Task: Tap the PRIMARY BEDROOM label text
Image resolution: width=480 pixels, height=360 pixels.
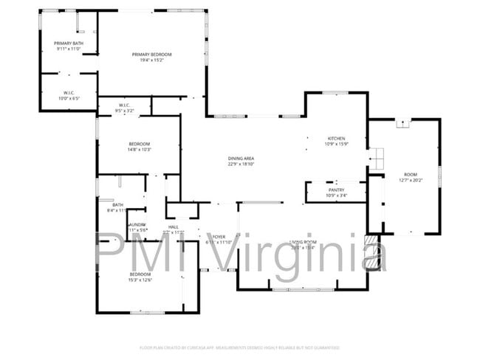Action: tap(151, 54)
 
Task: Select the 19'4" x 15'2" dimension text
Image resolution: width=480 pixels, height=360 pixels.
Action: tap(151, 60)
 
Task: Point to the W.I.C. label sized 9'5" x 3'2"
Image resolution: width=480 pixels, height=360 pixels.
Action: tap(125, 105)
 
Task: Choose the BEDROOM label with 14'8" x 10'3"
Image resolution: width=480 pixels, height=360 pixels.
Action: tap(140, 143)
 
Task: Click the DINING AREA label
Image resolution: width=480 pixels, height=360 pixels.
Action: tap(241, 159)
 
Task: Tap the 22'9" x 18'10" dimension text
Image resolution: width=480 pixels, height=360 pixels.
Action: tap(241, 165)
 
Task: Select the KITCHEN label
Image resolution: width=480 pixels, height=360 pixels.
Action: tap(336, 138)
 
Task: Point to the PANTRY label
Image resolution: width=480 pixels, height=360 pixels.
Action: tap(336, 190)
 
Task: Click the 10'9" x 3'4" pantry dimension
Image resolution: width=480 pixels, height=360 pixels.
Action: tap(336, 195)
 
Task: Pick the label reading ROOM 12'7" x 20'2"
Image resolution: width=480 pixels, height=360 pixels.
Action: tap(410, 174)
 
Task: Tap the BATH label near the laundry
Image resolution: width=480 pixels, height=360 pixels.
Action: tap(117, 204)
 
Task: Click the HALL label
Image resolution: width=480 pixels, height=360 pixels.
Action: tap(173, 226)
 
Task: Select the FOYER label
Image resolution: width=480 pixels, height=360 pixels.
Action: tap(219, 236)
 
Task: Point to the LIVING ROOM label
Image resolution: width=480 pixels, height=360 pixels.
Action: tap(303, 242)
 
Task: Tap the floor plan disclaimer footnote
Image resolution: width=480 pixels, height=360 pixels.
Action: tap(239, 347)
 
